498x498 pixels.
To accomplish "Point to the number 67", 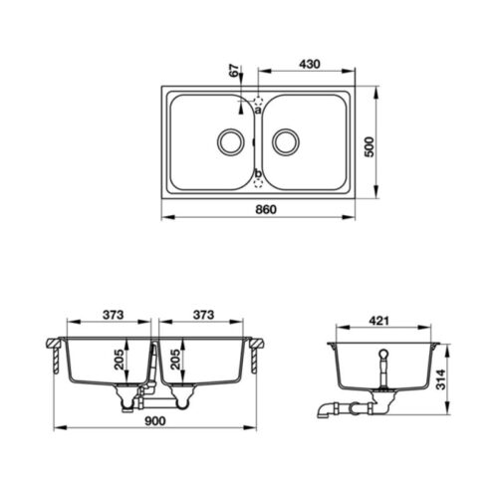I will (234, 72).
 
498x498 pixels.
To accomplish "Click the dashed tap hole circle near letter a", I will (259, 101).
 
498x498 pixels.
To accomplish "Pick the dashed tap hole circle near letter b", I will (259, 181).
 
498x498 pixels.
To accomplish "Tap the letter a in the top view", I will (257, 112).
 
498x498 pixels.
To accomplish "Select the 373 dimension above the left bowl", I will (112, 315).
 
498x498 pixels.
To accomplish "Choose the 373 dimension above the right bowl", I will (203, 315).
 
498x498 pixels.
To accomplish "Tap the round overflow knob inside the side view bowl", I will (382, 354).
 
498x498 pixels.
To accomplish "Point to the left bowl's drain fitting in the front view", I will (127, 397).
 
